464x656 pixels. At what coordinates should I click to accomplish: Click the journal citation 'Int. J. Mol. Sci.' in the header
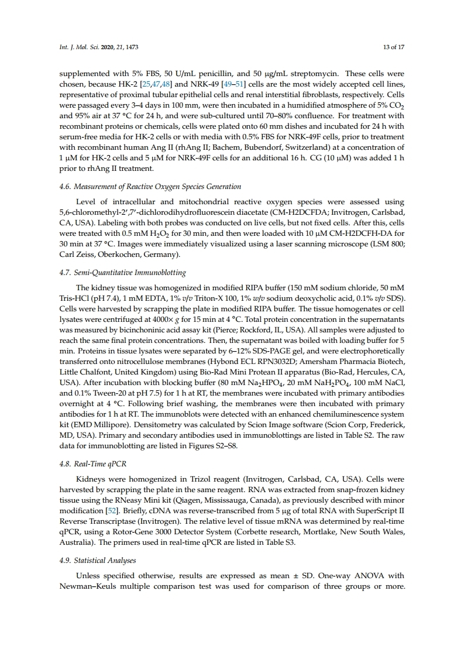click(81, 47)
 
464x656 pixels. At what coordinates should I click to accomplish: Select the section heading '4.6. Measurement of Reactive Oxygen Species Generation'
click(150, 187)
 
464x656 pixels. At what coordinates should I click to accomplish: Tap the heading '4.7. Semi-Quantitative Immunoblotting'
click(123, 273)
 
